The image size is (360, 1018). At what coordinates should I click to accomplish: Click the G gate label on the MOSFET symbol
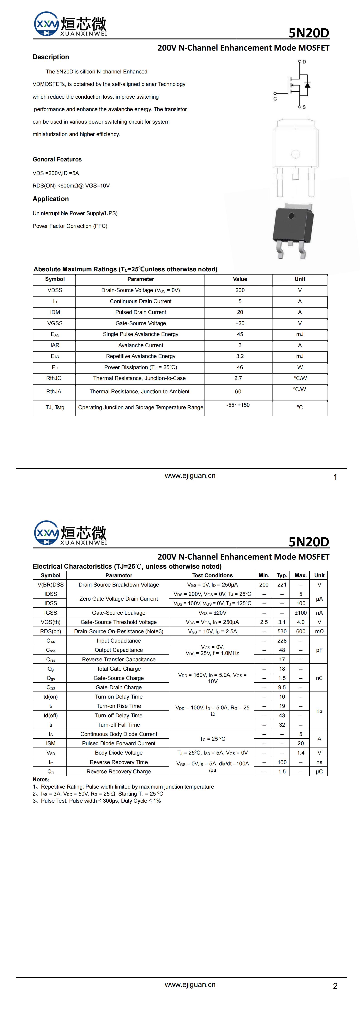pyautogui.click(x=275, y=99)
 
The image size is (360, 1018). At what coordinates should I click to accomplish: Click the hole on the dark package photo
pyautogui.click(x=291, y=216)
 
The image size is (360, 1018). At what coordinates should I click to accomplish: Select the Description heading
pyautogui.click(x=51, y=57)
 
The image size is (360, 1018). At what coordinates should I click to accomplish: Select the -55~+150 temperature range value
pyautogui.click(x=238, y=405)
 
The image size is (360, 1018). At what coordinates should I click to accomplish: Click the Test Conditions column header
pyautogui.click(x=212, y=575)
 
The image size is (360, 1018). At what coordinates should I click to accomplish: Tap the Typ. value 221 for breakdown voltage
pyautogui.click(x=282, y=585)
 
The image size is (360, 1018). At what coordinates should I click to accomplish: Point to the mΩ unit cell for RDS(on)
pyautogui.click(x=319, y=631)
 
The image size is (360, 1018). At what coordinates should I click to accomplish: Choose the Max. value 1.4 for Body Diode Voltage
pyautogui.click(x=301, y=753)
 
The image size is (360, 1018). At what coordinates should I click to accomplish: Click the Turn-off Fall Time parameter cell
pyautogui.click(x=119, y=725)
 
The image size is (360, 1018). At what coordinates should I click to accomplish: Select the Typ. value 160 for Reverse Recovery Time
pyautogui.click(x=282, y=762)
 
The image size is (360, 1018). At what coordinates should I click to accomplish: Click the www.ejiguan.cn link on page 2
pyautogui.click(x=190, y=984)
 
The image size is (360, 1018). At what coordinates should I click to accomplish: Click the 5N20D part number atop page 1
pyautogui.click(x=309, y=33)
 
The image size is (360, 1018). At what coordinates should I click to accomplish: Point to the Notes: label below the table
pyautogui.click(x=41, y=780)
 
